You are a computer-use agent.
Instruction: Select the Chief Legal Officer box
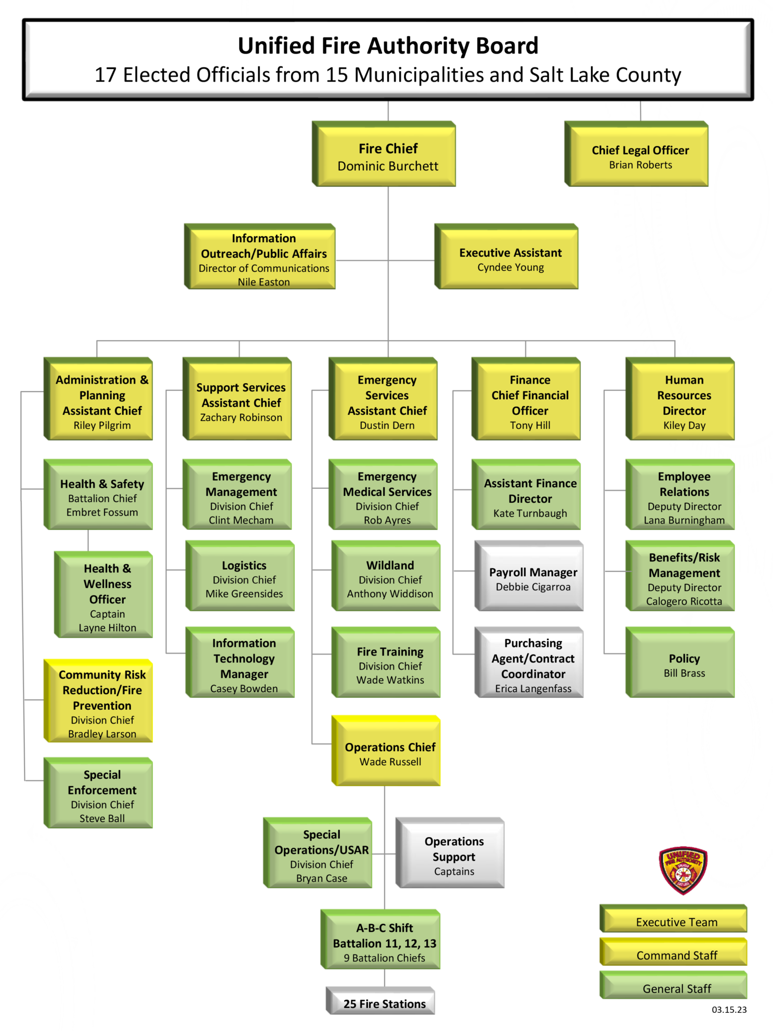click(640, 156)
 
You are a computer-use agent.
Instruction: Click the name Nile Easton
click(264, 282)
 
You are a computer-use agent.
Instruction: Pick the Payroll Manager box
click(532, 578)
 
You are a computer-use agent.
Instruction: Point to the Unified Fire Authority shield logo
click(683, 870)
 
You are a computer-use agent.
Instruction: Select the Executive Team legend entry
click(676, 921)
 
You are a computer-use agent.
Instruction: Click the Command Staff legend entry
click(676, 954)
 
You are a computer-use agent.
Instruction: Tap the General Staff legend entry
click(676, 988)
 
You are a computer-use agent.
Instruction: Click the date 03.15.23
click(729, 1009)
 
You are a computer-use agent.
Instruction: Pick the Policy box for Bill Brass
click(683, 665)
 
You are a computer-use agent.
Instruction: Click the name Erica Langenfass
click(533, 689)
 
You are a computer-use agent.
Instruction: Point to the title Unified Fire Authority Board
click(388, 46)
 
